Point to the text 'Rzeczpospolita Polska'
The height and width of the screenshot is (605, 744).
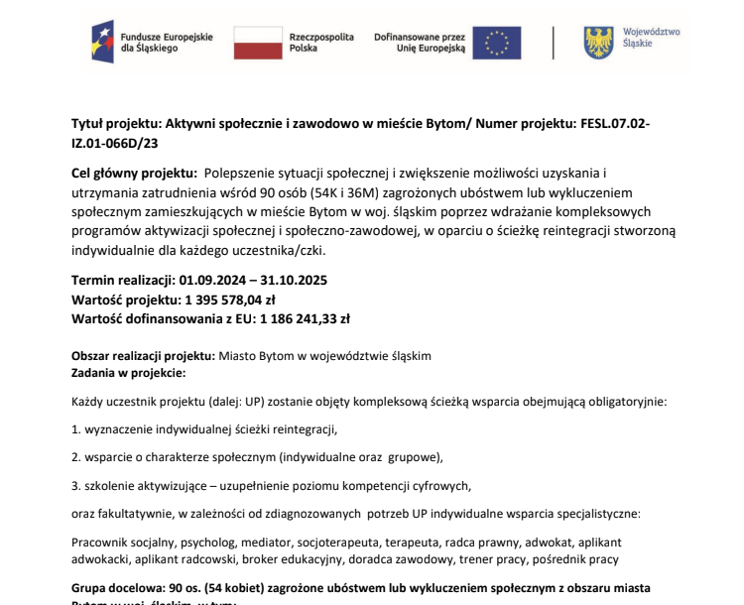point(320,42)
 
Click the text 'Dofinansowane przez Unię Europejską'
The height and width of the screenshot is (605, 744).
point(420,42)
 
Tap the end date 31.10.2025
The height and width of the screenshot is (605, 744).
point(294,279)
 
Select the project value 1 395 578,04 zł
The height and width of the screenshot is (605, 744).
point(230,299)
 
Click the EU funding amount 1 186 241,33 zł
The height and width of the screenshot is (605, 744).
point(305,318)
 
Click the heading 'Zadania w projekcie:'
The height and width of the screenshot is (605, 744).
point(128,372)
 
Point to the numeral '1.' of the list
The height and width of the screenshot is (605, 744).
point(76,430)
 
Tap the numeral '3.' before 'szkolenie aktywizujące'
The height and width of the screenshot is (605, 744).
point(76,486)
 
